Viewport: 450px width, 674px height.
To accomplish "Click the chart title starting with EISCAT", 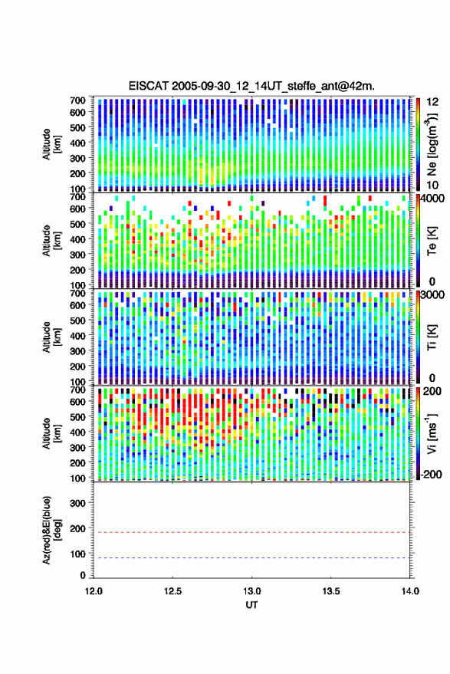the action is [251, 86].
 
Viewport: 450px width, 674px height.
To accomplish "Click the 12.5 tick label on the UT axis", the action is [172, 591].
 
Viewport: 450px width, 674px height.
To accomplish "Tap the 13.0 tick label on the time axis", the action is [251, 591].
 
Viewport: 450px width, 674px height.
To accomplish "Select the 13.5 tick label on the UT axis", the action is [330, 591].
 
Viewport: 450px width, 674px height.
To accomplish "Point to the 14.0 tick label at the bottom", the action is [410, 591].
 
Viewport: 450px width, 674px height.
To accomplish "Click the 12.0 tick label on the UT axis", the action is [94, 591].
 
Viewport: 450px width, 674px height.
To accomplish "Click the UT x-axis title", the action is [251, 605].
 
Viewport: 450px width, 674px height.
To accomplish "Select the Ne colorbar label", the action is [432, 144].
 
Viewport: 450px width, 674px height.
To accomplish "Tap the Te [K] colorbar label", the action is [432, 241].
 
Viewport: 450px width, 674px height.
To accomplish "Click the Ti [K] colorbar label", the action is [432, 337].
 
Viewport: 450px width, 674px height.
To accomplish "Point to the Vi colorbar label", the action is [431, 433].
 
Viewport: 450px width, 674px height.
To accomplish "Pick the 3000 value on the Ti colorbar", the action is [432, 295].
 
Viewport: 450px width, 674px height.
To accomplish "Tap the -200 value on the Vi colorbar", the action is [431, 475].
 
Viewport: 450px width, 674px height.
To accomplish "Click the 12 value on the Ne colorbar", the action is [432, 102].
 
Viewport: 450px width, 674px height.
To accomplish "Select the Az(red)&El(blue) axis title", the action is [51, 530].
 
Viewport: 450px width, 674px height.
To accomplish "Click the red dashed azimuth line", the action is [251, 532].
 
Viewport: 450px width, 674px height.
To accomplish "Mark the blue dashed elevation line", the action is [251, 558].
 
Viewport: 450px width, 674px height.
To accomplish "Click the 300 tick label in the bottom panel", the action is [78, 503].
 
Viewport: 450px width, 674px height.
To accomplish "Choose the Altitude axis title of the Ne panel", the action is [51, 144].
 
